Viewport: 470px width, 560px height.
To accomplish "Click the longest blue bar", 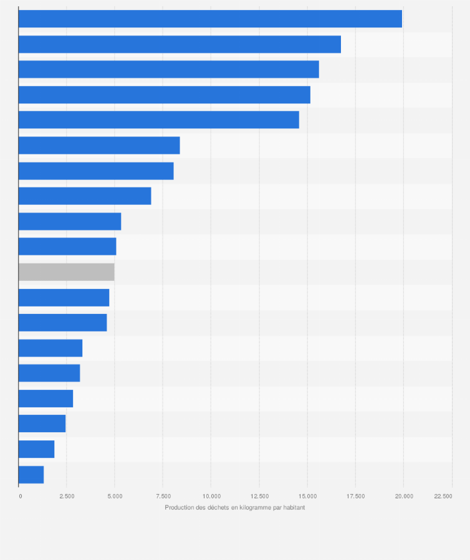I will coord(210,19).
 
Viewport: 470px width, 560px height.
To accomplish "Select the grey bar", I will coord(67,272).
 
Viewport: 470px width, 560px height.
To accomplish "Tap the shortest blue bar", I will coord(31,475).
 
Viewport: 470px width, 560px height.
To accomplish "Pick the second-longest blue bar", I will coord(180,44).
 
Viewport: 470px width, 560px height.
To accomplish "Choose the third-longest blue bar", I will coord(168,69).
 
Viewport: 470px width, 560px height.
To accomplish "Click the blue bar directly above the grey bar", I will coord(67,247).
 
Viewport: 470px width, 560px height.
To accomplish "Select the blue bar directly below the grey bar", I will coord(64,298).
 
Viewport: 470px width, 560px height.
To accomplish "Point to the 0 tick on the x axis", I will coord(21,496).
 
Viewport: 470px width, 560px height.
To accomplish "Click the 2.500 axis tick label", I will coord(67,496).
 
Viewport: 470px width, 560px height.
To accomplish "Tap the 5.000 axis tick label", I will coord(115,496).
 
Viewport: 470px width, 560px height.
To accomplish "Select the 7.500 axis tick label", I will coord(163,496).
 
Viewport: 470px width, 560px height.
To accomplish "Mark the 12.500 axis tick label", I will coord(259,496).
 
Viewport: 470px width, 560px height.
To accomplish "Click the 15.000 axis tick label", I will coord(307,496).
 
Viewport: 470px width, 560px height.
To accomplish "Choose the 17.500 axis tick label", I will coord(355,496).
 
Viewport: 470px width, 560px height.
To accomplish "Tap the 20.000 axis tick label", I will coord(404,496).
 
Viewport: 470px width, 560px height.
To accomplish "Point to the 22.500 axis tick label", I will coord(443,496).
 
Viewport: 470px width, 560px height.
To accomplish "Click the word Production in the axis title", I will coord(180,508).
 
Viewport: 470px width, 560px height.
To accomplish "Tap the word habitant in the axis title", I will coord(293,508).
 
